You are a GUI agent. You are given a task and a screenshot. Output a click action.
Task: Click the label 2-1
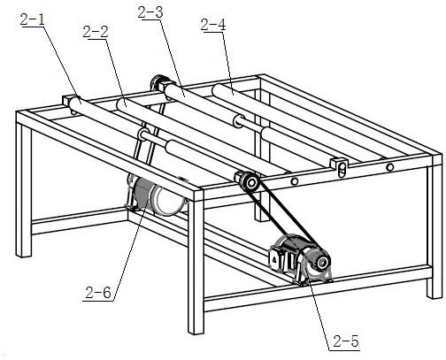click(x=33, y=20)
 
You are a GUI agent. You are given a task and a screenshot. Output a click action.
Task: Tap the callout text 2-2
click(x=96, y=32)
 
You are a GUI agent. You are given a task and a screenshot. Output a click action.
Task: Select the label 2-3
click(x=150, y=12)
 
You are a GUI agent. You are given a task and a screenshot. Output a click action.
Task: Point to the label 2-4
click(x=213, y=25)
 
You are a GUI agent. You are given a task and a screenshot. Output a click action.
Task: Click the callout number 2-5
click(x=346, y=341)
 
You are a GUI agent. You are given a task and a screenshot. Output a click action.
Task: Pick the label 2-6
click(x=98, y=293)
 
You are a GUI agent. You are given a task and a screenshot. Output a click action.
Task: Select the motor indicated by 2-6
click(x=157, y=195)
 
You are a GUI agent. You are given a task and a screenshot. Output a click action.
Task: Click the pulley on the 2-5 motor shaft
click(x=322, y=262)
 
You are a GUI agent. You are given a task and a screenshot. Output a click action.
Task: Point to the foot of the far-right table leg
click(x=434, y=294)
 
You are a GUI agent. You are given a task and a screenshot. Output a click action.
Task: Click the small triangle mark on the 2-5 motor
click(x=274, y=259)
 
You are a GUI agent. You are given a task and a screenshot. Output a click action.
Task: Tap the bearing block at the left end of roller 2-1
click(x=67, y=102)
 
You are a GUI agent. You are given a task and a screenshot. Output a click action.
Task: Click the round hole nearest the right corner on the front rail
click(x=390, y=167)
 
